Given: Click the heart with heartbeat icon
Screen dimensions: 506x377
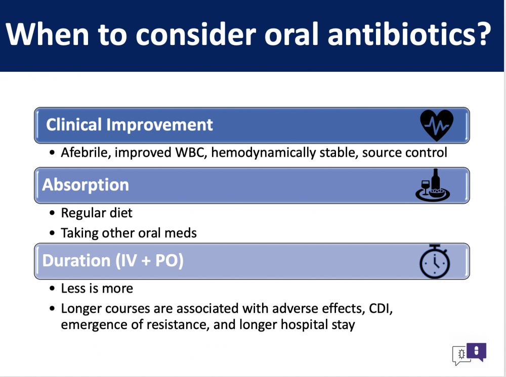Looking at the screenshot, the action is coord(437,125).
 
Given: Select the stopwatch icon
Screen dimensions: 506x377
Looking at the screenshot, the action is coord(435,261).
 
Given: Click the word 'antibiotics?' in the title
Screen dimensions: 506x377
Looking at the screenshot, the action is coord(409,34).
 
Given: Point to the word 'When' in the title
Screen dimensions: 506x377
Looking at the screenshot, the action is coord(47,34).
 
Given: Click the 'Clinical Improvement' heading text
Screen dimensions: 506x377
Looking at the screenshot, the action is coord(130,125).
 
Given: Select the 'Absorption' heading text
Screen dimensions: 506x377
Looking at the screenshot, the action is coord(86,185).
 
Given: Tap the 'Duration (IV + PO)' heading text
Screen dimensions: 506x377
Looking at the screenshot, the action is coord(113,261).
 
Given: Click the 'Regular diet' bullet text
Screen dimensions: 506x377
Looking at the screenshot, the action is coord(97,213).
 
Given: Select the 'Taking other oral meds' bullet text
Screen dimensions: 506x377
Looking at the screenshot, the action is coord(129,233).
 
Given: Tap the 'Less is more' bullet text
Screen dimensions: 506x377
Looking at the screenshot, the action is coord(97,289).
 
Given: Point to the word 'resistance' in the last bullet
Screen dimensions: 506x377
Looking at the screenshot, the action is coord(177,324).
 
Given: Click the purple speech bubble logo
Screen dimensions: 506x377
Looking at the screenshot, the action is coord(476,352).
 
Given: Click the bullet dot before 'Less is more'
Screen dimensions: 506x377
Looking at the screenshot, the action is coord(52,289).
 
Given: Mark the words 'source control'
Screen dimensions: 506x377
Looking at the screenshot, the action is coord(405,153).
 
